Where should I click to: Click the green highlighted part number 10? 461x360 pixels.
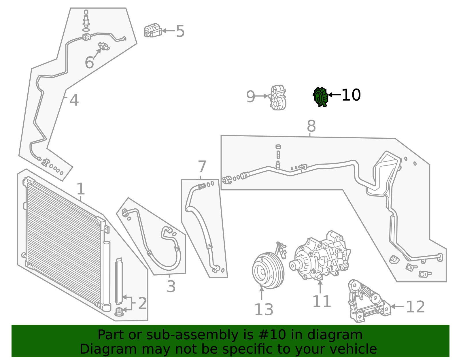[320, 97]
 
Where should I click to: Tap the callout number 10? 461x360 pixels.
[351, 95]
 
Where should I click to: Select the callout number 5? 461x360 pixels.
[180, 31]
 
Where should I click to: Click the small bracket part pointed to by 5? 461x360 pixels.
[152, 31]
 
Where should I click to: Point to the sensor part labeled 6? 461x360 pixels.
[104, 46]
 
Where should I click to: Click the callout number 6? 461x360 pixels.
[89, 63]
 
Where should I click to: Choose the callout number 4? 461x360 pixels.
[74, 100]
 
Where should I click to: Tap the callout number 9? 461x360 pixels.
[250, 97]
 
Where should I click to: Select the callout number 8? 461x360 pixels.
[311, 126]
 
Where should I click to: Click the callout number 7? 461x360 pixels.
[202, 167]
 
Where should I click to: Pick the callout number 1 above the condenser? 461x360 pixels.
[81, 189]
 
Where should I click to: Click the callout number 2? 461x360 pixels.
[142, 303]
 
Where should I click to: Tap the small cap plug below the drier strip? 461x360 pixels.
[119, 312]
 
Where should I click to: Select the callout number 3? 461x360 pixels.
[171, 287]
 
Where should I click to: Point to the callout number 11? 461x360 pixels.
[321, 301]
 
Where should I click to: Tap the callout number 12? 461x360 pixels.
[415, 307]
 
